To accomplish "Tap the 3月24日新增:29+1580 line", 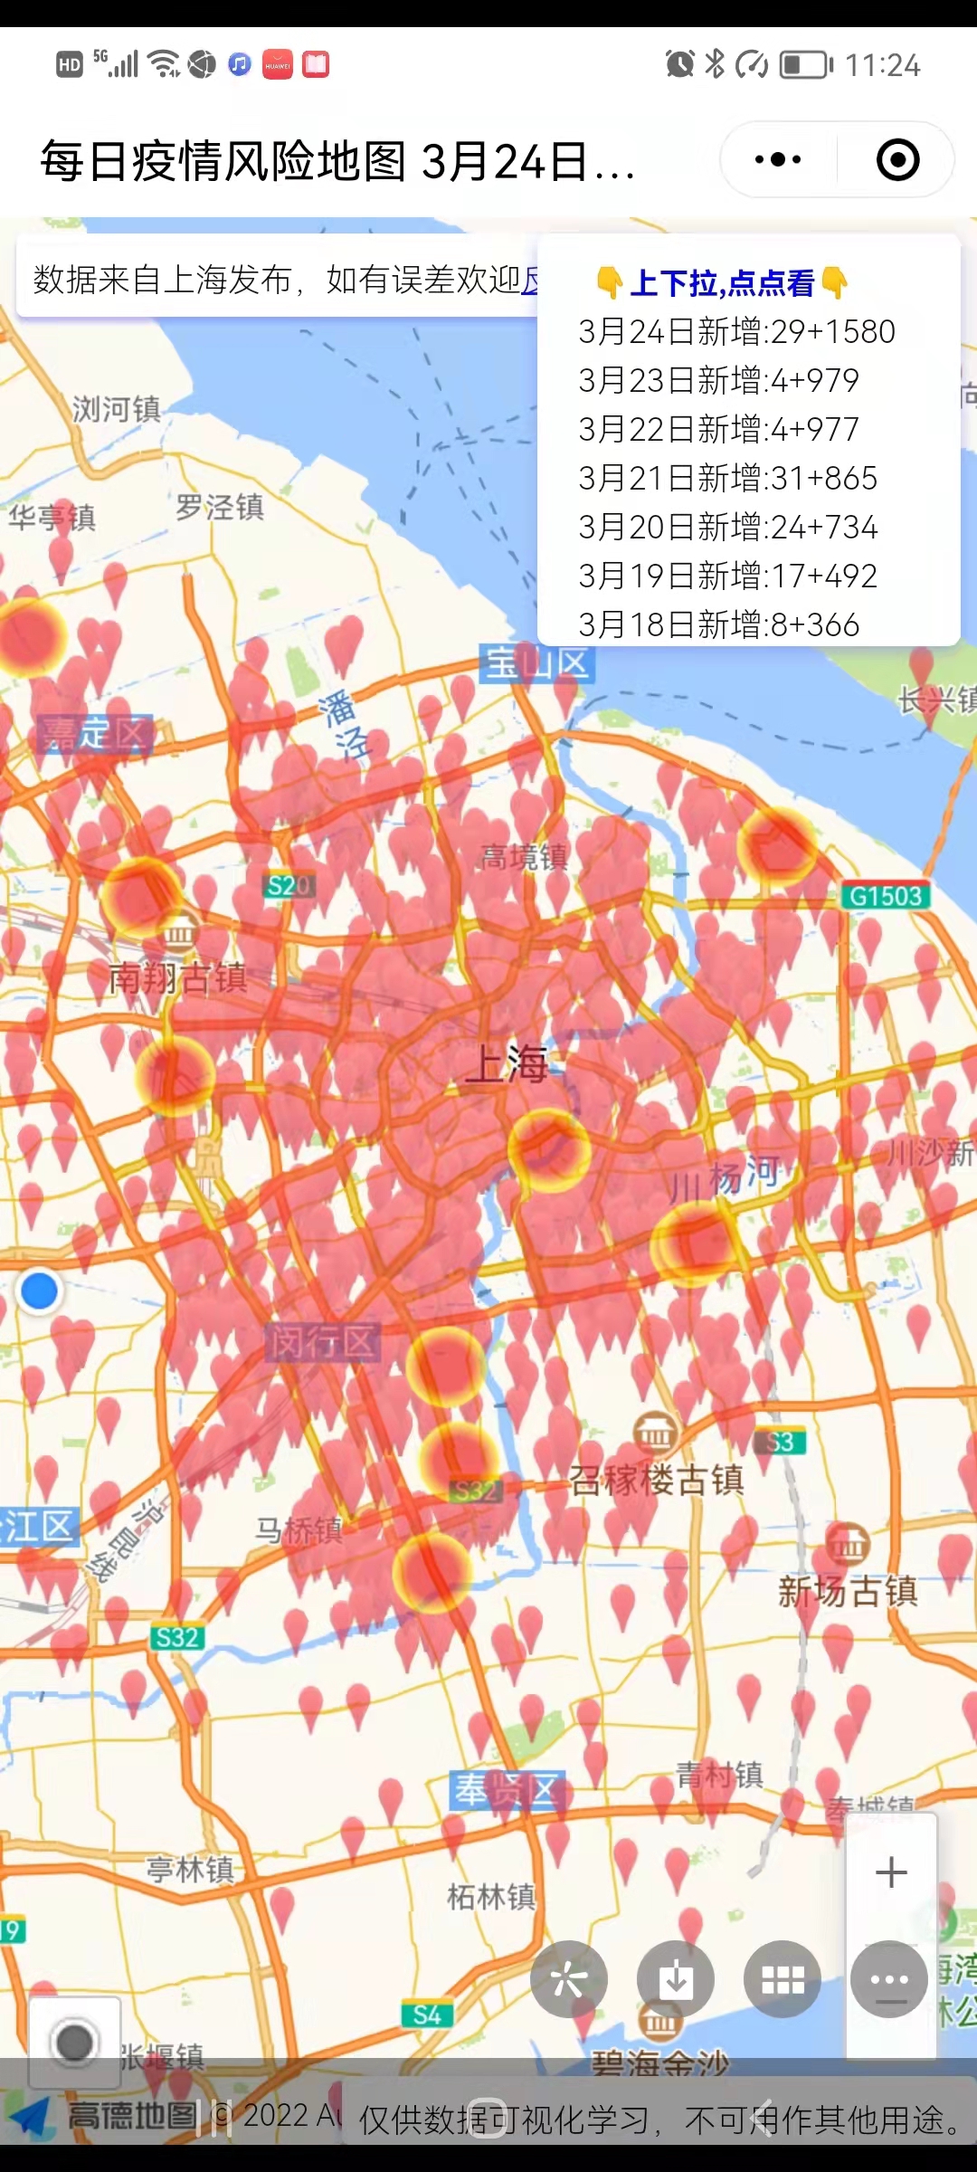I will click(x=736, y=332).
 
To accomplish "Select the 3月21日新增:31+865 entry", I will click(x=727, y=479).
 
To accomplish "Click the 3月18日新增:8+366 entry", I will click(x=718, y=625).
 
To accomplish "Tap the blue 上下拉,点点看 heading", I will click(x=722, y=283).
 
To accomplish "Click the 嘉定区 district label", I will click(x=94, y=734).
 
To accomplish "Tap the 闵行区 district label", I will click(x=322, y=1342).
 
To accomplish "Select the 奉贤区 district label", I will click(x=507, y=1790).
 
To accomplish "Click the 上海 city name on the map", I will click(x=507, y=1063).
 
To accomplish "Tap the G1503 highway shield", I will click(x=886, y=896).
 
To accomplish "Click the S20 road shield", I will click(x=289, y=885).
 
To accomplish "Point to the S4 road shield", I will click(x=427, y=2015).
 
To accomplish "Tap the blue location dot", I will click(x=39, y=1291).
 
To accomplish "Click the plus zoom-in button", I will click(x=891, y=1872).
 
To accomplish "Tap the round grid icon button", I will click(x=783, y=1979).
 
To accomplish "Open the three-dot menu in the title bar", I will click(x=778, y=160).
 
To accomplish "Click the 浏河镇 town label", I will click(x=117, y=409).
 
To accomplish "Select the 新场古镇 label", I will click(x=848, y=1591).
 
